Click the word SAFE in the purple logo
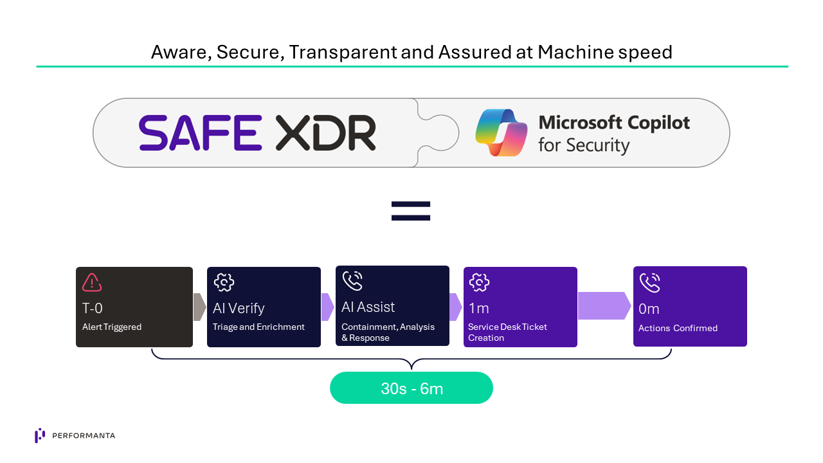pyautogui.click(x=200, y=133)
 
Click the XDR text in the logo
pyautogui.click(x=325, y=133)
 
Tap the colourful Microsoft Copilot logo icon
pyautogui.click(x=501, y=132)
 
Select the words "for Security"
pyautogui.click(x=583, y=145)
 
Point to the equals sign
pyautogui.click(x=411, y=211)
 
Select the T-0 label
pyautogui.click(x=93, y=308)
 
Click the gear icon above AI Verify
pyautogui.click(x=223, y=282)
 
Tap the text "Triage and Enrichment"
pyautogui.click(x=258, y=327)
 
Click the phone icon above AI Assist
pyautogui.click(x=352, y=281)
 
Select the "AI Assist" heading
pyautogui.click(x=368, y=307)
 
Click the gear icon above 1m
pyautogui.click(x=480, y=282)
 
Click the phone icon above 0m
pyautogui.click(x=650, y=282)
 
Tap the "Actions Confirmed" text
pyautogui.click(x=678, y=328)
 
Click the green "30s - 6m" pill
pyautogui.click(x=411, y=388)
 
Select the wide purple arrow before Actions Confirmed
pyautogui.click(x=604, y=305)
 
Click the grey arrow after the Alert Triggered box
pyautogui.click(x=199, y=307)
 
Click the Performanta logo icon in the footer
pyautogui.click(x=40, y=435)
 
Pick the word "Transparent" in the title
pyautogui.click(x=342, y=52)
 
